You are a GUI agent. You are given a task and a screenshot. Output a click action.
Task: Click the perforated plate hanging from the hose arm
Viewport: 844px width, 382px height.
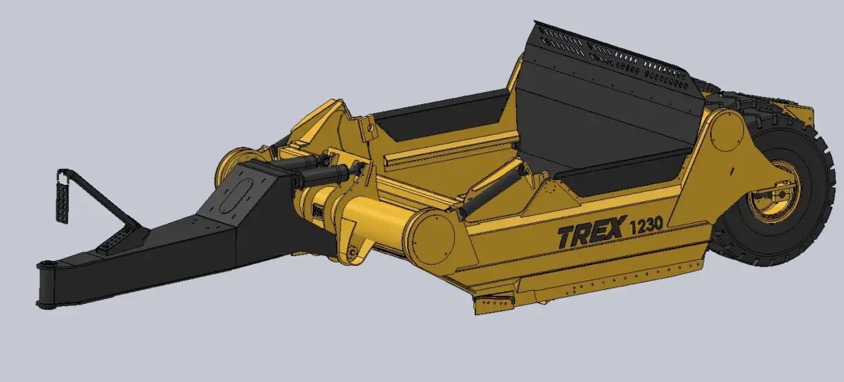(63, 201)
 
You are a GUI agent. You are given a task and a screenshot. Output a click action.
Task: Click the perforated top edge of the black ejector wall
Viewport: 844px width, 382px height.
(612, 56)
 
